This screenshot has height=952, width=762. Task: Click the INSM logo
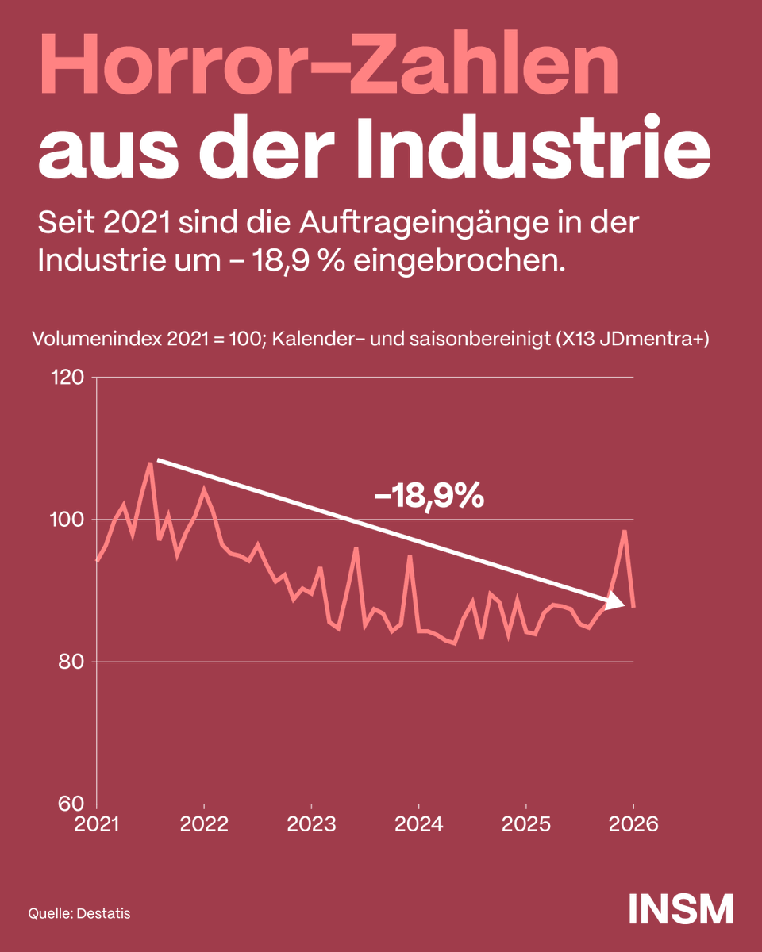680,909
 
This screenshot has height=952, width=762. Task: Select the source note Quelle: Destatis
79,913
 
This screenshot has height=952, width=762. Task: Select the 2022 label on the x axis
204,823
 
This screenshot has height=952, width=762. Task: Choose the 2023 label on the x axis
311,823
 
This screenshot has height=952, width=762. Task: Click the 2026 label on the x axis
633,823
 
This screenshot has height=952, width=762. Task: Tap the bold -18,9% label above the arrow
429,497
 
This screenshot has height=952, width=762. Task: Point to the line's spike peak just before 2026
625,531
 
